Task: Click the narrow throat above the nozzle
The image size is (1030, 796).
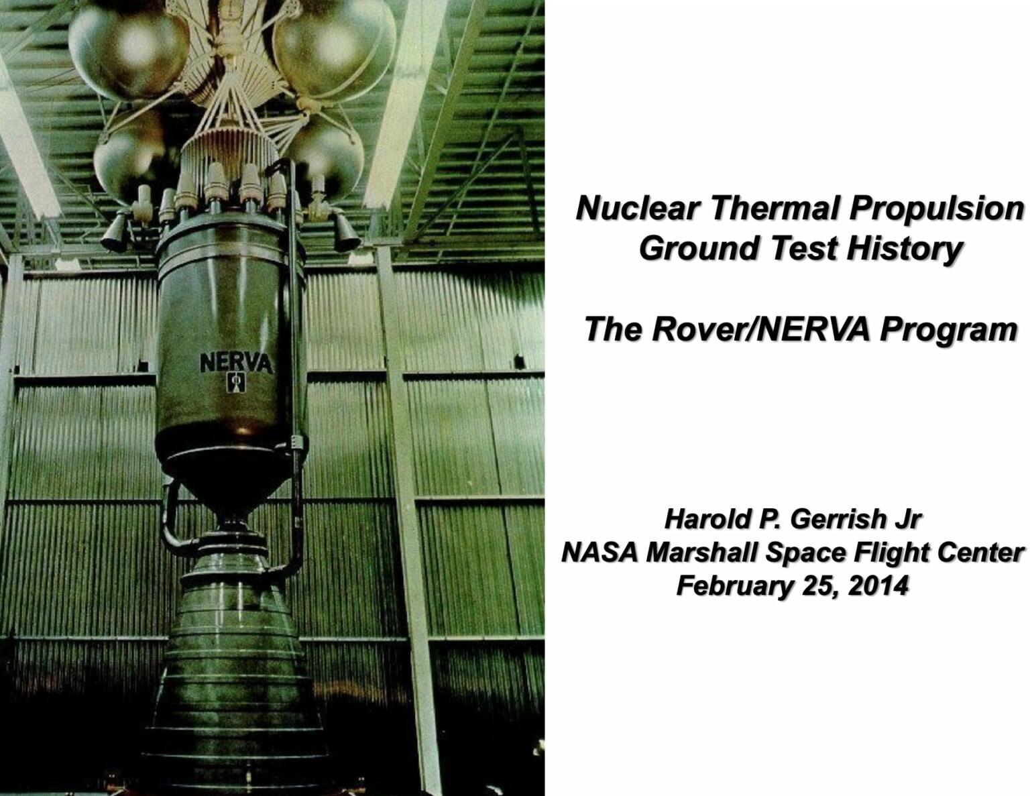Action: pyautogui.click(x=231, y=518)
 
